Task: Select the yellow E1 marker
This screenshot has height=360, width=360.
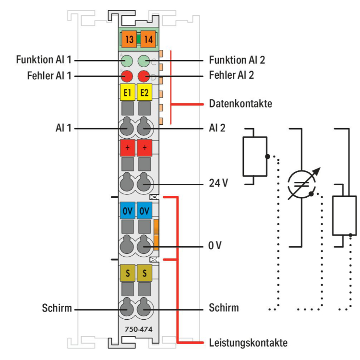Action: pyautogui.click(x=127, y=92)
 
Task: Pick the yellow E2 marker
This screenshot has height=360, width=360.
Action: pyautogui.click(x=144, y=92)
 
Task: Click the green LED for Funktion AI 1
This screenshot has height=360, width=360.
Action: pyautogui.click(x=127, y=61)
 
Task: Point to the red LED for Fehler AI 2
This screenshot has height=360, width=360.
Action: pyautogui.click(x=144, y=76)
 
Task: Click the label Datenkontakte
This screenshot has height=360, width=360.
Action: pyautogui.click(x=240, y=103)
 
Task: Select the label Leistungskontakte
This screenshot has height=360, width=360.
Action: pyautogui.click(x=248, y=343)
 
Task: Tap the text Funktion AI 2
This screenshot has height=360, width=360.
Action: pyautogui.click(x=237, y=60)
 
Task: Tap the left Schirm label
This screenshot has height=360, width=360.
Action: pyautogui.click(x=56, y=308)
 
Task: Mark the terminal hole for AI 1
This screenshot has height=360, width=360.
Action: pyautogui.click(x=127, y=128)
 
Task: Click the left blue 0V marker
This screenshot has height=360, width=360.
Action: pyautogui.click(x=127, y=210)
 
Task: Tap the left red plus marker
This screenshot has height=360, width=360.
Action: pyautogui.click(x=127, y=148)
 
